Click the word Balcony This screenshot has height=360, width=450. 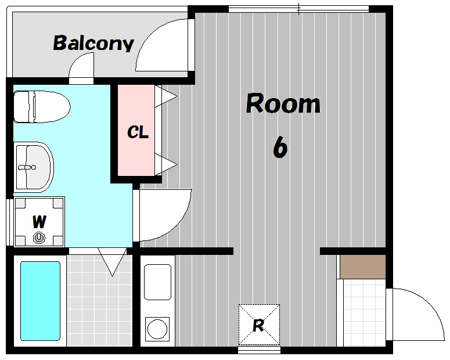click(93, 44)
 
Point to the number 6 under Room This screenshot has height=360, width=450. click(280, 147)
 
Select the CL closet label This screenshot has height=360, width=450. click(138, 132)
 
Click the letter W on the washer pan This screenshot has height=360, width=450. click(39, 221)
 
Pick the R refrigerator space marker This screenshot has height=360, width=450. click(259, 325)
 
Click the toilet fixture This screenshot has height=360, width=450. click(42, 107)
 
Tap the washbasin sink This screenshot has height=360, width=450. click(34, 167)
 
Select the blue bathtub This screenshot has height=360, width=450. click(40, 301)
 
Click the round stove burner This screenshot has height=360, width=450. click(157, 329)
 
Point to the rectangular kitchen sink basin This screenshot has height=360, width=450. click(157, 282)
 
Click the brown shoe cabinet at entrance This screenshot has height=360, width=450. click(363, 267)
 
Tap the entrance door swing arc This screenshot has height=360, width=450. click(424, 304)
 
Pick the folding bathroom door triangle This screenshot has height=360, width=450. click(112, 262)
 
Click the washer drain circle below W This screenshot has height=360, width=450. click(39, 237)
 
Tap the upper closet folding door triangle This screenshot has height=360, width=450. click(165, 96)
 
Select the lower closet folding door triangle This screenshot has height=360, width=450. click(165, 164)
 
